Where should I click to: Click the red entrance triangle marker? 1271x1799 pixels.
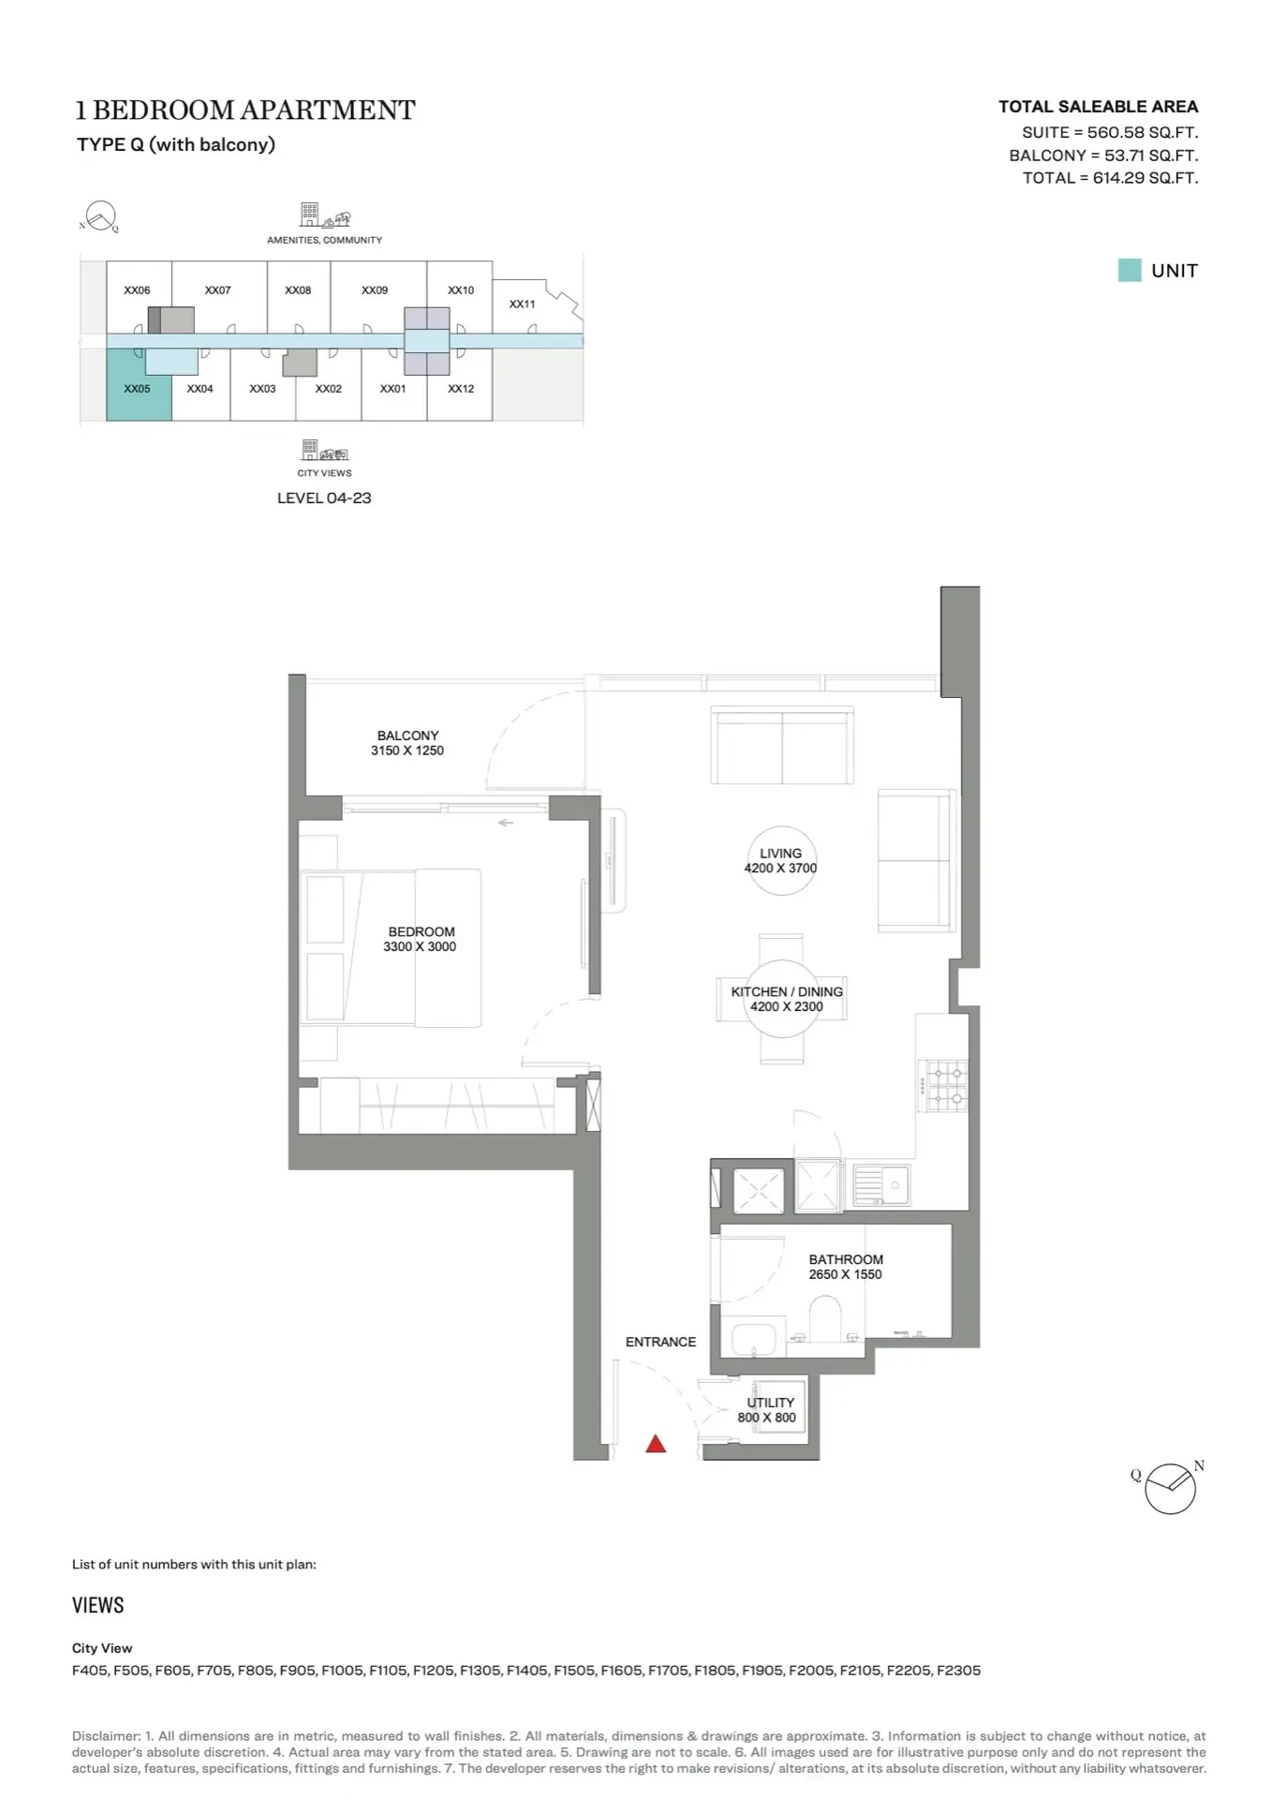(656, 1444)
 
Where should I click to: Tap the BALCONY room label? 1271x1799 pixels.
(407, 736)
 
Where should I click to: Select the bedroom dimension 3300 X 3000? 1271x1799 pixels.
(420, 946)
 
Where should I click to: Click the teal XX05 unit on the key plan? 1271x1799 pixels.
(139, 384)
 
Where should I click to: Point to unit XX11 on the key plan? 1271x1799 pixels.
(522, 304)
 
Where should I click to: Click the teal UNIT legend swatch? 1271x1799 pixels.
(1130, 270)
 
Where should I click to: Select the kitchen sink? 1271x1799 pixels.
(881, 1185)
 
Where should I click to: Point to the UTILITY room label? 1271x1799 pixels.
(771, 1403)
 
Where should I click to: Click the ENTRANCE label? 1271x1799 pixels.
(660, 1342)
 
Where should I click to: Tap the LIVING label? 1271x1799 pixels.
(780, 853)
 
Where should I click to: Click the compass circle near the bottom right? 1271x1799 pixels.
(1170, 1489)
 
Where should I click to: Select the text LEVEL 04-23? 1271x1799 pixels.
(324, 498)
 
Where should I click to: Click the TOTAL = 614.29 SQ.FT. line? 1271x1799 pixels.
(1110, 178)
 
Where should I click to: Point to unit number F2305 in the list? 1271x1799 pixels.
(958, 1670)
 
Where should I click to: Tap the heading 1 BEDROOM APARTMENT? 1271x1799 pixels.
(245, 110)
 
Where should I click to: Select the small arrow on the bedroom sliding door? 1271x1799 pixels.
(505, 823)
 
